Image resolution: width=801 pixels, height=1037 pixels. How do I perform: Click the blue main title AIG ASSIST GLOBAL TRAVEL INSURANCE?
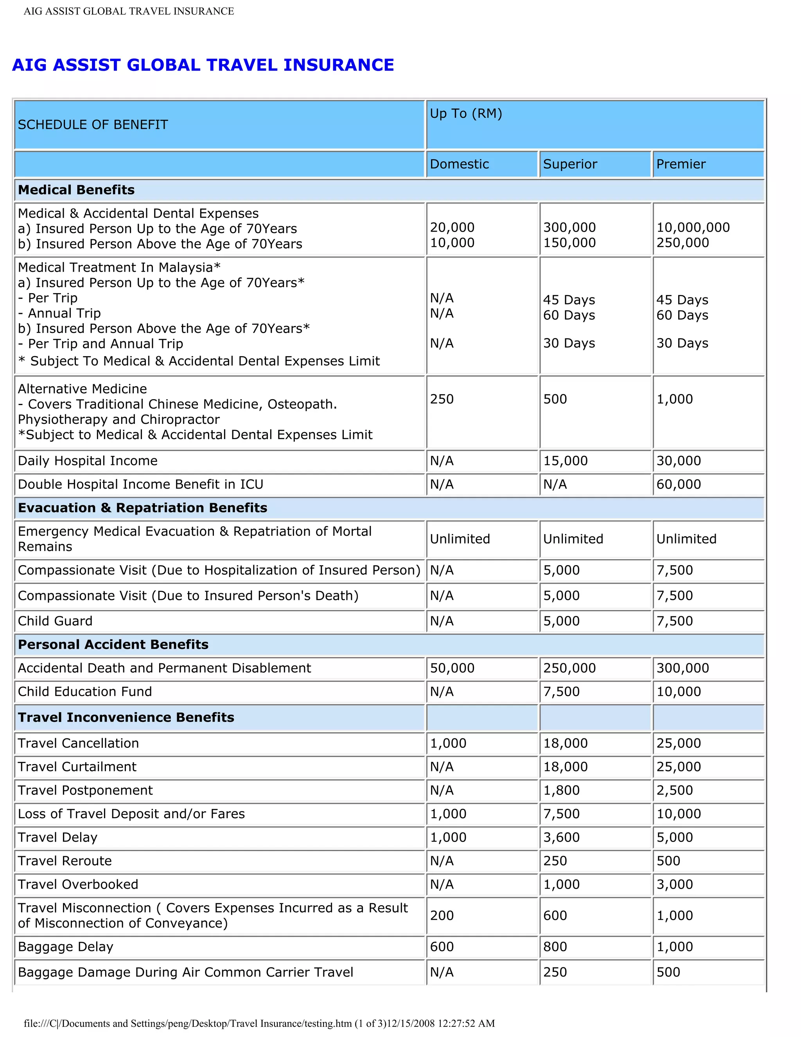click(x=203, y=65)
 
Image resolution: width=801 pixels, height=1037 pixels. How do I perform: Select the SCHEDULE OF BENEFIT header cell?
click(x=93, y=125)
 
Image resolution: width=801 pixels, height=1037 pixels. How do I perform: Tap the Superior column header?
click(x=570, y=164)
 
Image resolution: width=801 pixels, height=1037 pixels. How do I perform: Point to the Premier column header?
click(x=681, y=164)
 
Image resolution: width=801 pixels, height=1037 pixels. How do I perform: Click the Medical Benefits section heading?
click(x=76, y=190)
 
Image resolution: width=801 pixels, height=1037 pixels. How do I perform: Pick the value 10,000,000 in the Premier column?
click(x=693, y=227)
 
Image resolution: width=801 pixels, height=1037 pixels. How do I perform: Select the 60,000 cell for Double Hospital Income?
click(x=679, y=484)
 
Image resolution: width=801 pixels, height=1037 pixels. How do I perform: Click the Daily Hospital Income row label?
click(x=87, y=461)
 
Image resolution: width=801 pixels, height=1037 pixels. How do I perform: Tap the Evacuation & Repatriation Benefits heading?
click(x=142, y=508)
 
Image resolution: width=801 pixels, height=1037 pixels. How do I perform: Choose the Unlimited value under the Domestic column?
click(x=460, y=539)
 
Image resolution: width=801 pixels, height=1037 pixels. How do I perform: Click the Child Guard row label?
click(x=55, y=621)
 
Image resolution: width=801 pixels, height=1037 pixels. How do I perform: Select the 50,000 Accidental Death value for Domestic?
click(x=452, y=668)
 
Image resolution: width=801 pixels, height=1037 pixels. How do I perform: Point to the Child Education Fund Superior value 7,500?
click(x=561, y=692)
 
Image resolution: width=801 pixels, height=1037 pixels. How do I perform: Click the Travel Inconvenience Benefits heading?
click(x=126, y=717)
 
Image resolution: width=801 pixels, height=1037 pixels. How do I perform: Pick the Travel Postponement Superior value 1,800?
click(x=561, y=790)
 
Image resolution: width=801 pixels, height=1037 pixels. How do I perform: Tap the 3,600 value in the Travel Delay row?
click(x=561, y=837)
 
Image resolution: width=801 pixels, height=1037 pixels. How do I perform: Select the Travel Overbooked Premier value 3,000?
click(x=674, y=885)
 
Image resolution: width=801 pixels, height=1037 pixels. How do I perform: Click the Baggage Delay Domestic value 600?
click(x=442, y=947)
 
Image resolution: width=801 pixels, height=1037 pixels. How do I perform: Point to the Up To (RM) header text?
click(x=465, y=113)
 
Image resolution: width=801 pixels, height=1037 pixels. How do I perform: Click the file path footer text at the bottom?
click(x=259, y=1023)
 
